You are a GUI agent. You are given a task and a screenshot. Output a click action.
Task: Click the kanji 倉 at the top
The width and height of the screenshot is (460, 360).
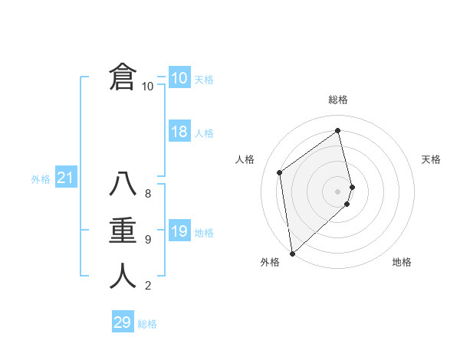[123, 78]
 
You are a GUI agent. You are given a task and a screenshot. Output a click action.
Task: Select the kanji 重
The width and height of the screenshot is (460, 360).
[123, 231]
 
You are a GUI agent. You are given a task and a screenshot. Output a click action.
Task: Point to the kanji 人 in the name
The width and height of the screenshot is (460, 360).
[123, 277]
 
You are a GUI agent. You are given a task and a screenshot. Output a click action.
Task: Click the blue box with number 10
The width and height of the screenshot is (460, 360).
[179, 78]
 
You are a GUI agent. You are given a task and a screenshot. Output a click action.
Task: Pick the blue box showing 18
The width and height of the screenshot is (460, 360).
[179, 132]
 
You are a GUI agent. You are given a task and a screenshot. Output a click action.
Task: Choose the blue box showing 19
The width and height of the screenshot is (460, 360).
[179, 231]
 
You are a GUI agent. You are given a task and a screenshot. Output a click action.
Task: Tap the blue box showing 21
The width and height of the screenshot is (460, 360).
[65, 178]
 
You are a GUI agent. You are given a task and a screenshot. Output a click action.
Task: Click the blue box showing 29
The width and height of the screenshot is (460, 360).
[122, 322]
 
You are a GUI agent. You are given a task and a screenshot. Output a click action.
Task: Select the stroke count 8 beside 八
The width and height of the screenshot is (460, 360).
[148, 193]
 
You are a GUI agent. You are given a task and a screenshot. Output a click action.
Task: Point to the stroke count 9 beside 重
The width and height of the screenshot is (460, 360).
[148, 240]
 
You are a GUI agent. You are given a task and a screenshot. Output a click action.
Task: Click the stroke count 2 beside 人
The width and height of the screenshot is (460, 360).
[148, 286]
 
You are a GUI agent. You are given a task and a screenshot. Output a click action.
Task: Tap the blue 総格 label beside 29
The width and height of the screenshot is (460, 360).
[147, 324]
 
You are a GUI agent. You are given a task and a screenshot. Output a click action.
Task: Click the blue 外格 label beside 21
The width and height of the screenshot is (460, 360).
[41, 179]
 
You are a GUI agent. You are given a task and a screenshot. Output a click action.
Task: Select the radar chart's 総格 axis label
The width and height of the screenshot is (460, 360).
[338, 100]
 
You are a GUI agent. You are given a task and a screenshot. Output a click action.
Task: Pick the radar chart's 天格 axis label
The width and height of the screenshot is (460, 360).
[431, 159]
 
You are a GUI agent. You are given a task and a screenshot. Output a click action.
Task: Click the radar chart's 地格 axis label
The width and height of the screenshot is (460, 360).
[402, 262]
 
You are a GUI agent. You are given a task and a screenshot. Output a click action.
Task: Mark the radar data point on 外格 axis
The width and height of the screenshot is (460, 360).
[292, 253]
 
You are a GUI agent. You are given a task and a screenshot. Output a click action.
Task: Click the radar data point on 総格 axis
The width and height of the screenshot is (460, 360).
[338, 130]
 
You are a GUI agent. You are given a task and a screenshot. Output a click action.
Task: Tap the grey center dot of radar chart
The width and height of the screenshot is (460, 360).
[338, 191]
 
